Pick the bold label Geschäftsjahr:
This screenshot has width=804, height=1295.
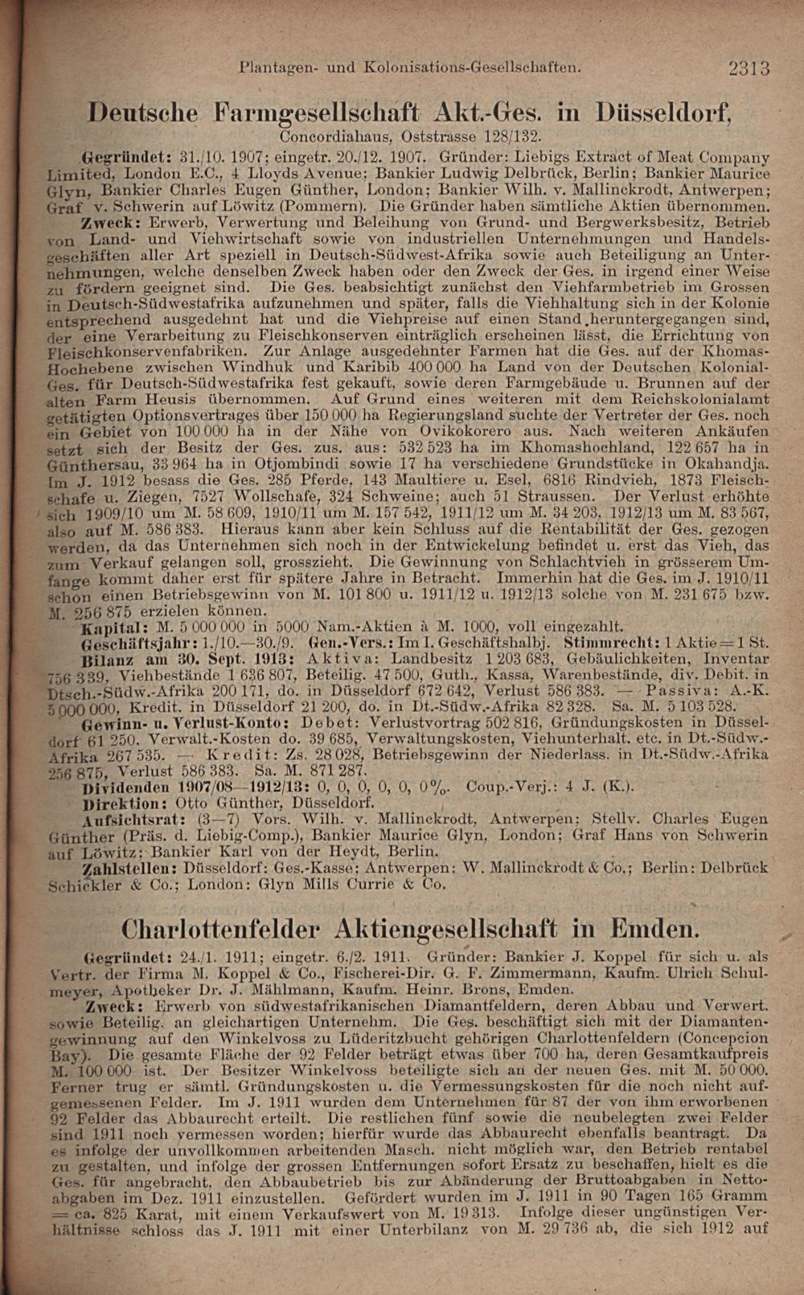[133, 643]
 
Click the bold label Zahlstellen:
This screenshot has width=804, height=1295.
[130, 869]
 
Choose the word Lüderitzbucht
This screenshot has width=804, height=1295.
[433, 1038]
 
